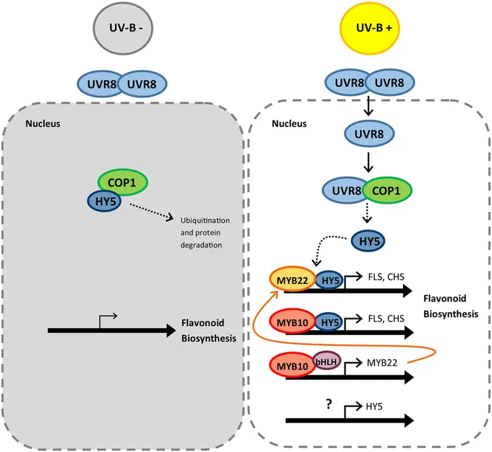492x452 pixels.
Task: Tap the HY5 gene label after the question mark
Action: [375, 404]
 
